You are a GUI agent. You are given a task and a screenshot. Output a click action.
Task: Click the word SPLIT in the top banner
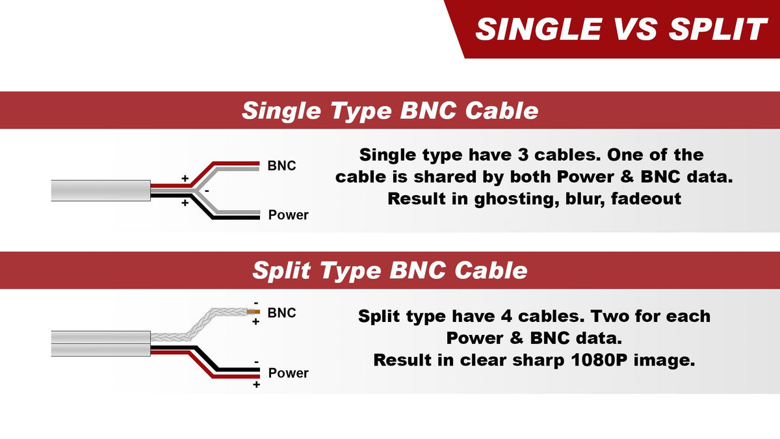coord(718,29)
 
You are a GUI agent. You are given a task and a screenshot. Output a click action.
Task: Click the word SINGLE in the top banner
coord(539,29)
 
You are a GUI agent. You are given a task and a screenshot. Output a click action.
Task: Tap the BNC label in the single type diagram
coord(281,166)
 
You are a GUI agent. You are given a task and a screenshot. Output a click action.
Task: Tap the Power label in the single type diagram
coord(289,215)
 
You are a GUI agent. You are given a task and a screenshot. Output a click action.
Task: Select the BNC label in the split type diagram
coord(281,313)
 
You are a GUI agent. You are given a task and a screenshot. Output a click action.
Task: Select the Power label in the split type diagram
coord(289,373)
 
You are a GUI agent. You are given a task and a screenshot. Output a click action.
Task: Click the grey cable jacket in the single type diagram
coord(101,191)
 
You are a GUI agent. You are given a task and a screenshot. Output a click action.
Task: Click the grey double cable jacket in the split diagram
coord(101,343)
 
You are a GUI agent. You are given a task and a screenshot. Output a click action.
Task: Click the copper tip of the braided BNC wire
coord(253,312)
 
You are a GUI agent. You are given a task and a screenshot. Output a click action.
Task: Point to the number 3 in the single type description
coord(523,155)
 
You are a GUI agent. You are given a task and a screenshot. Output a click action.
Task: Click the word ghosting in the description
coord(515,199)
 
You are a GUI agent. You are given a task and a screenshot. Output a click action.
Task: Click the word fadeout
coord(646,199)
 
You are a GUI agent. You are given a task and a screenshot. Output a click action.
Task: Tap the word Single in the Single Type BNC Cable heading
coord(281,111)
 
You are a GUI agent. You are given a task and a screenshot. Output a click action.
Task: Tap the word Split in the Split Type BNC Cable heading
coord(281,271)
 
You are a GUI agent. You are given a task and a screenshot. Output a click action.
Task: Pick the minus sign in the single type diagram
coord(207,191)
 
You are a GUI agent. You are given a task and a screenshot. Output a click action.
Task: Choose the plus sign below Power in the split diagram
coord(256,384)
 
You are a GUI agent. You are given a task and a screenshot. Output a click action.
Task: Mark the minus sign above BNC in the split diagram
coord(256,304)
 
